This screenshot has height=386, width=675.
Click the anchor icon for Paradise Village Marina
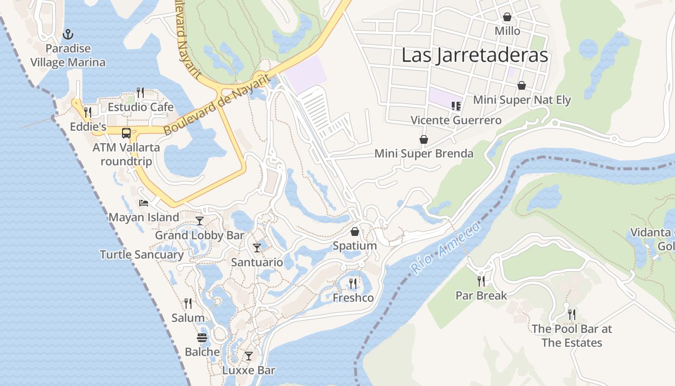[68, 34]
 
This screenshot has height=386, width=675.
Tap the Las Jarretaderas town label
[474, 55]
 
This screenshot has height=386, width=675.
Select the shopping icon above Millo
[507, 17]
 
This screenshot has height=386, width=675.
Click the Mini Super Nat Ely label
[522, 100]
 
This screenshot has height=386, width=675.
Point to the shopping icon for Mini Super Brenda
[423, 139]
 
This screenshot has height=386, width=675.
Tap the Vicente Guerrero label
[456, 120]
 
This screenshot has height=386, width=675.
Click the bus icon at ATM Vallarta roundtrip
[126, 133]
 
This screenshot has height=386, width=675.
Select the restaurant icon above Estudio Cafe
[140, 92]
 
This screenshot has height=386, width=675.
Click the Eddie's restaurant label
[88, 127]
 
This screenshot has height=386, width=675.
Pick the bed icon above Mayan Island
[143, 203]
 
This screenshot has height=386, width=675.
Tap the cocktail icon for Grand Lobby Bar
[200, 221]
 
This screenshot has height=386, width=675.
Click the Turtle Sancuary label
[142, 255]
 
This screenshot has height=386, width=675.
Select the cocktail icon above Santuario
[257, 248]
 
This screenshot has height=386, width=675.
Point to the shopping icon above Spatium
[355, 232]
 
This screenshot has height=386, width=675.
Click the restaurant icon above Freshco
[353, 283]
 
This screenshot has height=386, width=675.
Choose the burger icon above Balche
[202, 337]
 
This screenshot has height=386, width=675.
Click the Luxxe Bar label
[248, 371]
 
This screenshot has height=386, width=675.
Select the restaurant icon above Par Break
[481, 281]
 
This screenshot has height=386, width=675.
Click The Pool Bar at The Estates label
[571, 336]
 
